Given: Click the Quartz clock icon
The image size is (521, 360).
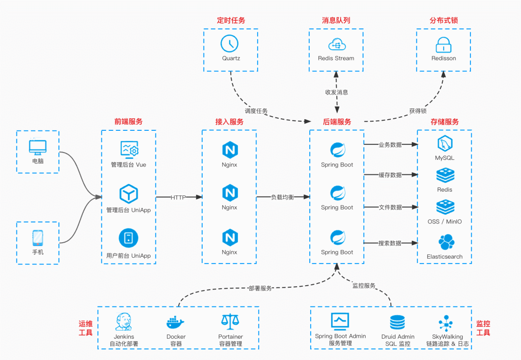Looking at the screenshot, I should (230, 44).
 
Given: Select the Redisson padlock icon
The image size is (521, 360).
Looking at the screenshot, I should (443, 45).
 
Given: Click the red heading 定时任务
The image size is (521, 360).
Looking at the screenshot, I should (231, 21).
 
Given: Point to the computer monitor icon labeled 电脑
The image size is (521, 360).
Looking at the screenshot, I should (38, 147).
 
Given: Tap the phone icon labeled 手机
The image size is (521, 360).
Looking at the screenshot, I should (38, 238).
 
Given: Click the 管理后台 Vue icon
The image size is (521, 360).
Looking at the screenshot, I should (129, 150).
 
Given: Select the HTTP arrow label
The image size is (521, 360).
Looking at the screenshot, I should (178, 197).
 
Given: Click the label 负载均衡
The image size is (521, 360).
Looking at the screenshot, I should (282, 197).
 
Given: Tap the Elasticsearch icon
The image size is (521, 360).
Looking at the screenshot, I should (445, 243).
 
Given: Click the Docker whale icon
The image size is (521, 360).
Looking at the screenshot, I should (176, 322).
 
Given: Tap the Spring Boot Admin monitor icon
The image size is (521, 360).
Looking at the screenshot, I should (340, 321).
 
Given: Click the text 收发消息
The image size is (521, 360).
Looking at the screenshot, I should (336, 92).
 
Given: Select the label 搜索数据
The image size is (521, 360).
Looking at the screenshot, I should (390, 243).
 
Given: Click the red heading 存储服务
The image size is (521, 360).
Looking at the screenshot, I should (444, 122).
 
